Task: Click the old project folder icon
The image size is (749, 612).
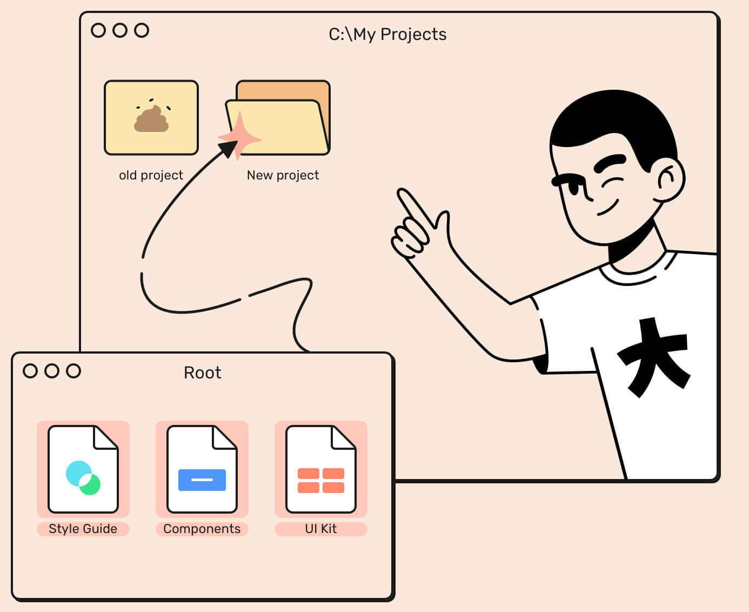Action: (151, 118)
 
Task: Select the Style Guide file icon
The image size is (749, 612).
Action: (83, 469)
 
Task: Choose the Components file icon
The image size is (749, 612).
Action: (202, 469)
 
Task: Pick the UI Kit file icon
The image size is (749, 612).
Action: (321, 469)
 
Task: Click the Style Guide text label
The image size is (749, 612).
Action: (83, 529)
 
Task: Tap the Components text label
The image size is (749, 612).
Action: (202, 529)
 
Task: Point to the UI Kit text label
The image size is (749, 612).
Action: (321, 529)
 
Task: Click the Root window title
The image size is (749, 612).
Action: (203, 372)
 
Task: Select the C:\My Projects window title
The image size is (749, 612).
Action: (387, 34)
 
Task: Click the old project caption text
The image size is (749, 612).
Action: (151, 175)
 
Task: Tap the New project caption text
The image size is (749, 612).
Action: (283, 175)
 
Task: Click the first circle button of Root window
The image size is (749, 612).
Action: (30, 371)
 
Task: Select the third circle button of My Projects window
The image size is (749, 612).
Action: (142, 30)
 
